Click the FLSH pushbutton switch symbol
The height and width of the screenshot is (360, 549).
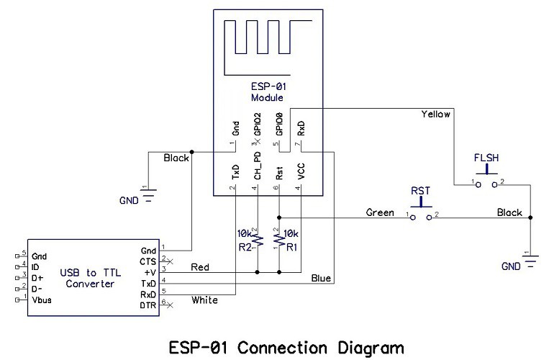487,179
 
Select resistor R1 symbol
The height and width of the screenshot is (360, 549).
278,236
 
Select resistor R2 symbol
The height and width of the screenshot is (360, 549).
257,236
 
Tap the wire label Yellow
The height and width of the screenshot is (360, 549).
435,114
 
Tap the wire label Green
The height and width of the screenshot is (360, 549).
380,212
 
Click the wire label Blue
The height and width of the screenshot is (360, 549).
322,277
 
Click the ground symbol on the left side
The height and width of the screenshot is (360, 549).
148,197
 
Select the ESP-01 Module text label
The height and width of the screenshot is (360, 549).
267,92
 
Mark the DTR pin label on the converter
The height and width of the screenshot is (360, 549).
148,305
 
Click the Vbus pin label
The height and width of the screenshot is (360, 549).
42,297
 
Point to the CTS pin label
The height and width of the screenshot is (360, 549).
149,261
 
